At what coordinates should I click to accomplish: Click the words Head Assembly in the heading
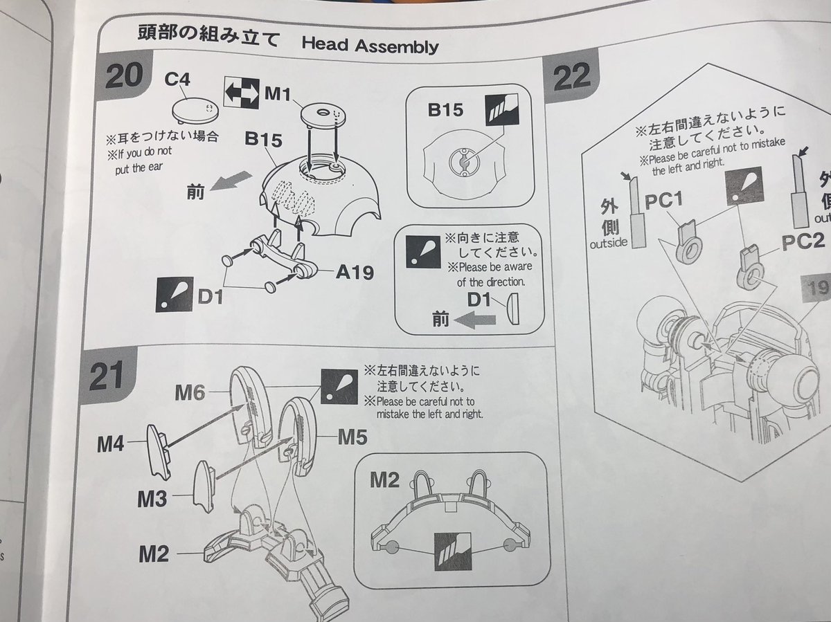(x=370, y=46)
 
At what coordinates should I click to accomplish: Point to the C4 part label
(x=178, y=80)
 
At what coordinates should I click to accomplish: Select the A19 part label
(x=355, y=272)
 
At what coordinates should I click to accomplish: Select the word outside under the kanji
(x=609, y=244)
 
